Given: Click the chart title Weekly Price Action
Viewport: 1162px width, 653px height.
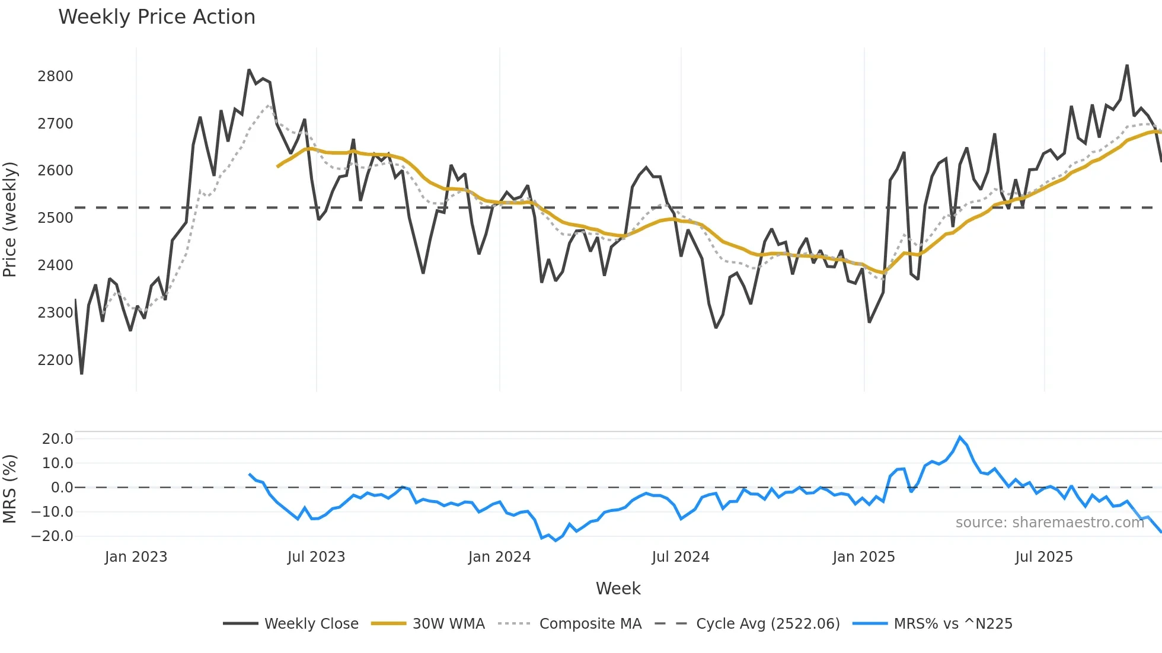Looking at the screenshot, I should (157, 17).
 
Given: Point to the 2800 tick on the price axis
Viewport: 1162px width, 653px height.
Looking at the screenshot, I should (55, 76).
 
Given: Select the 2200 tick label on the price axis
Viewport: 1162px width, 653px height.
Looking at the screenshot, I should (55, 360).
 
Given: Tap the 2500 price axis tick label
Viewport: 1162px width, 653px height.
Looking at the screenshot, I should (55, 218).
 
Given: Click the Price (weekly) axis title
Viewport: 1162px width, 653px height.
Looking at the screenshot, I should (9, 219).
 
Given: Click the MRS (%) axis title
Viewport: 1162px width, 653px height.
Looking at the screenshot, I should (9, 489).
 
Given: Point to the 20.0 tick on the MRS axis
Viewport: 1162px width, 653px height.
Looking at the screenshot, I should (58, 439).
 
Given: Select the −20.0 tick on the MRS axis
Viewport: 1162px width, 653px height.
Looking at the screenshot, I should (53, 536).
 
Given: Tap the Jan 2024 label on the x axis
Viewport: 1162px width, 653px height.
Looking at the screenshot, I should (499, 557).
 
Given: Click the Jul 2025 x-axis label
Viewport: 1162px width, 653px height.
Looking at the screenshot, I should (1044, 557).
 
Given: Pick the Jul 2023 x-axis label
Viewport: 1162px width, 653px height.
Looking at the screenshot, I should (316, 557).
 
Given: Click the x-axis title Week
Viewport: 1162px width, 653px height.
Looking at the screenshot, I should (618, 588).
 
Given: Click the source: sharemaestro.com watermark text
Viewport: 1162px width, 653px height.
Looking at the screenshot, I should (1049, 523).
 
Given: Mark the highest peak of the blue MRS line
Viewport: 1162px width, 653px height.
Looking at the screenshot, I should (960, 437).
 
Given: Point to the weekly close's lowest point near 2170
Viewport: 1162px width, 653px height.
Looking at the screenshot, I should (82, 373).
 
